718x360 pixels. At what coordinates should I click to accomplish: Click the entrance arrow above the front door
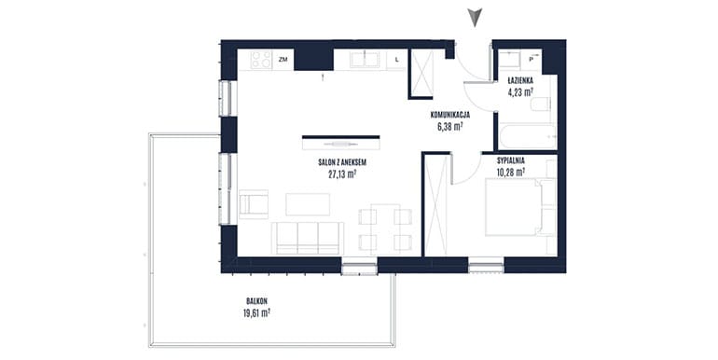pyautogui.click(x=475, y=18)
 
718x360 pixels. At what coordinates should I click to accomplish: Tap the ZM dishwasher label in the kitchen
pyautogui.click(x=283, y=60)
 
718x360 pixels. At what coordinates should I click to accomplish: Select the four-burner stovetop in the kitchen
pyautogui.click(x=261, y=60)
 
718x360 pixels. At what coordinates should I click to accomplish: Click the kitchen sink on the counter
pyautogui.click(x=365, y=60)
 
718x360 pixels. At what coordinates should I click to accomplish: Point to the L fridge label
pyautogui.click(x=396, y=60)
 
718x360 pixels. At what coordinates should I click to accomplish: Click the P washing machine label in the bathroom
pyautogui.click(x=532, y=59)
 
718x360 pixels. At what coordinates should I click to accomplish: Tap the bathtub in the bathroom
pyautogui.click(x=528, y=136)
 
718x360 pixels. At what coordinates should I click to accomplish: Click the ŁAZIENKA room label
pyautogui.click(x=520, y=80)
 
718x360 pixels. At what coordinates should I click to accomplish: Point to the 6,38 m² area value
pyautogui.click(x=449, y=127)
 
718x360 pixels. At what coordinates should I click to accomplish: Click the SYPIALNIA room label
pyautogui.click(x=511, y=160)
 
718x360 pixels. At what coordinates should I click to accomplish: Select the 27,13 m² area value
pyautogui.click(x=342, y=173)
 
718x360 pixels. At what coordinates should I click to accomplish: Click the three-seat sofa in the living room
pyautogui.click(x=308, y=238)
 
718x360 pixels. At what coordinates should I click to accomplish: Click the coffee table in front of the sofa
pyautogui.click(x=308, y=204)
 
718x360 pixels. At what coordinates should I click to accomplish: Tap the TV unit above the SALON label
pyautogui.click(x=341, y=143)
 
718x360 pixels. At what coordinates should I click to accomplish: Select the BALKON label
pyautogui.click(x=256, y=301)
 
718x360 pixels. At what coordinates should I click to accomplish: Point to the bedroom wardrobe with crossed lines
pyautogui.click(x=436, y=206)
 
